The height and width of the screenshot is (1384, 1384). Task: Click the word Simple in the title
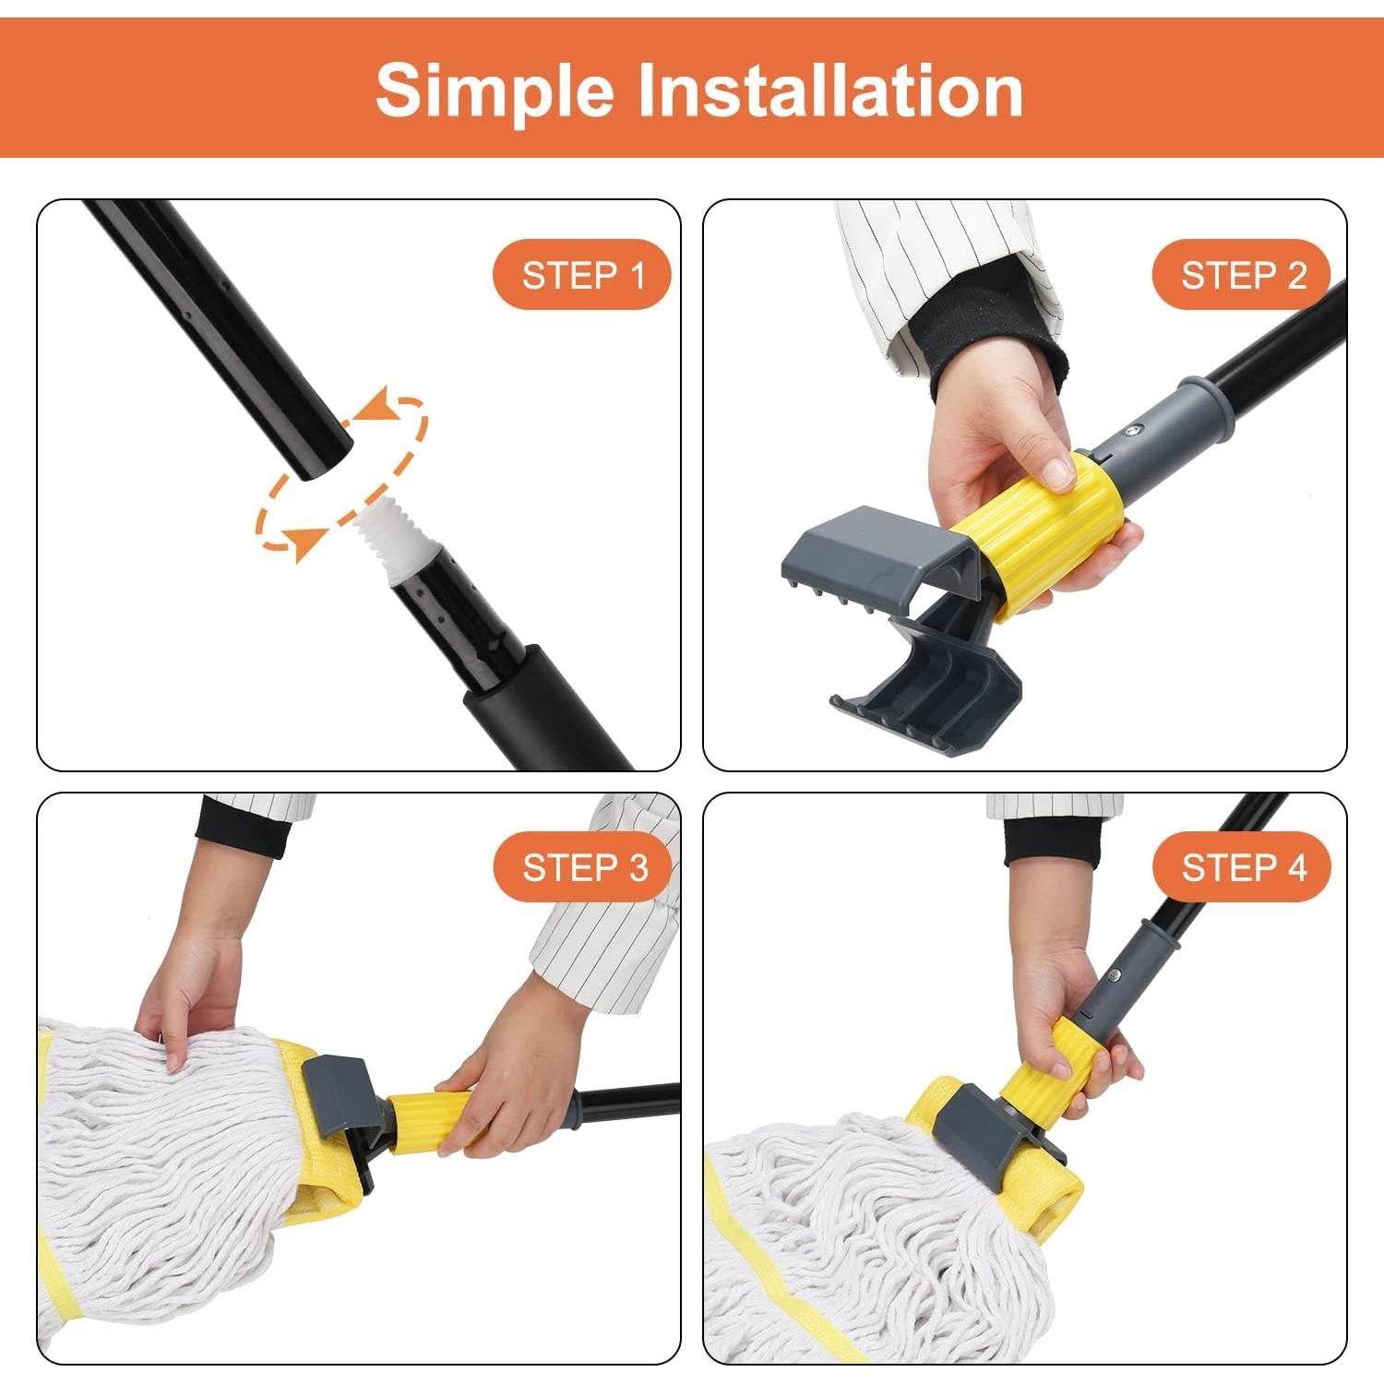[x=495, y=90]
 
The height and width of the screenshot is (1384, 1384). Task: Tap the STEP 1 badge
[x=582, y=275]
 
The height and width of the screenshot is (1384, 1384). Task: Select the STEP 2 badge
[x=1242, y=275]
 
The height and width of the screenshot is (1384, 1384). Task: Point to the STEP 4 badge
[x=1243, y=867]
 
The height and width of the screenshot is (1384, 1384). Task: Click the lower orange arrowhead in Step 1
[x=304, y=542]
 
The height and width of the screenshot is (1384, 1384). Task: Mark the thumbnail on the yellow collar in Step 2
[x=1058, y=474]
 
